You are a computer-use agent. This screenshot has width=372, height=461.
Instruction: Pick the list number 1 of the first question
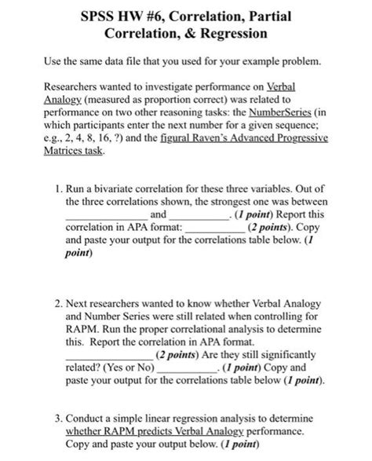[60, 188]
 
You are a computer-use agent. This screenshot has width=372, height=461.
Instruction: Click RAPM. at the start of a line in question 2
[83, 330]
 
